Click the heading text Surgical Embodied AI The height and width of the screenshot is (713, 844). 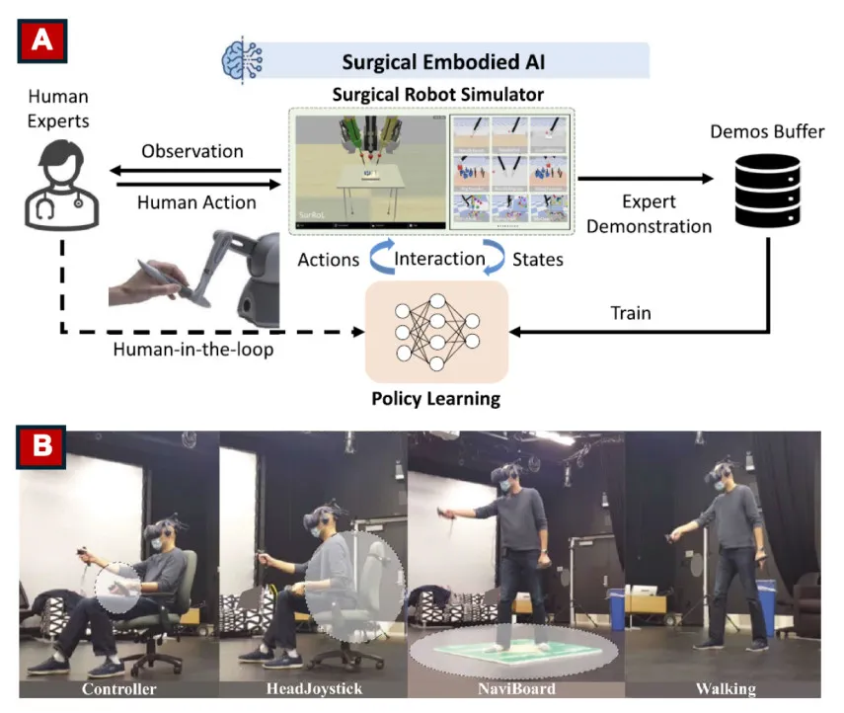(x=443, y=62)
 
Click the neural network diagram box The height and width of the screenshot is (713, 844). (x=435, y=332)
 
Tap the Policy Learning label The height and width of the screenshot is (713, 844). (x=435, y=400)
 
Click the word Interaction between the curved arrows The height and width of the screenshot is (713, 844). (x=440, y=260)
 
